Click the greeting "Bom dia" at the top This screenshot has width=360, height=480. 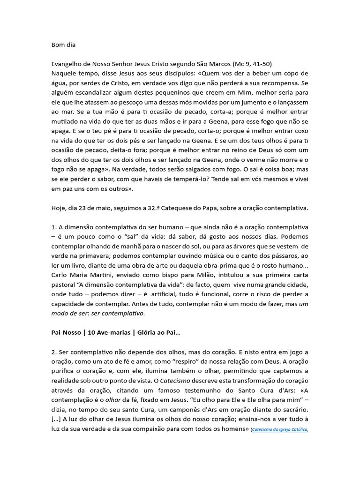tap(63, 45)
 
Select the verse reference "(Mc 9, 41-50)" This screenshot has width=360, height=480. tap(252, 64)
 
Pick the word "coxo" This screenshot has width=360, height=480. tap(300, 131)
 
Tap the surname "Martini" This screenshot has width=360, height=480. tap(106, 275)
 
